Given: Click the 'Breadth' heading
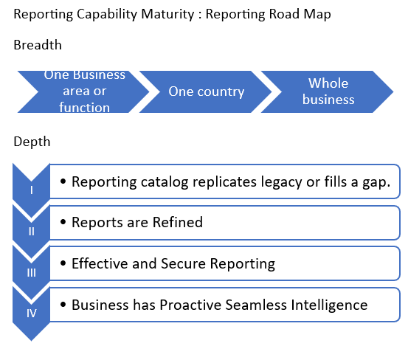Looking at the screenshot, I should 38,46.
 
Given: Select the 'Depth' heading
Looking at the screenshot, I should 32,142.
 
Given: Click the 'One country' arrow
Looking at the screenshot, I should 206,91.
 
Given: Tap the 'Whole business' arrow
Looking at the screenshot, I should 328,91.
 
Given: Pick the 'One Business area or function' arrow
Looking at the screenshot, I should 83,91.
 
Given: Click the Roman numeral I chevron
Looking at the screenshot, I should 32,189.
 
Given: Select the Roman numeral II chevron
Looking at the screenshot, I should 32,230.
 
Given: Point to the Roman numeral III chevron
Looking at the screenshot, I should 32,271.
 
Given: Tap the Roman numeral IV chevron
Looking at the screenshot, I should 32,313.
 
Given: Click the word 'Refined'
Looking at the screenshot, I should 177,222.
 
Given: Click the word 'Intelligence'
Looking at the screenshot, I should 329,304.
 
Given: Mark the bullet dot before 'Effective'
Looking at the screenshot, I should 63,264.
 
